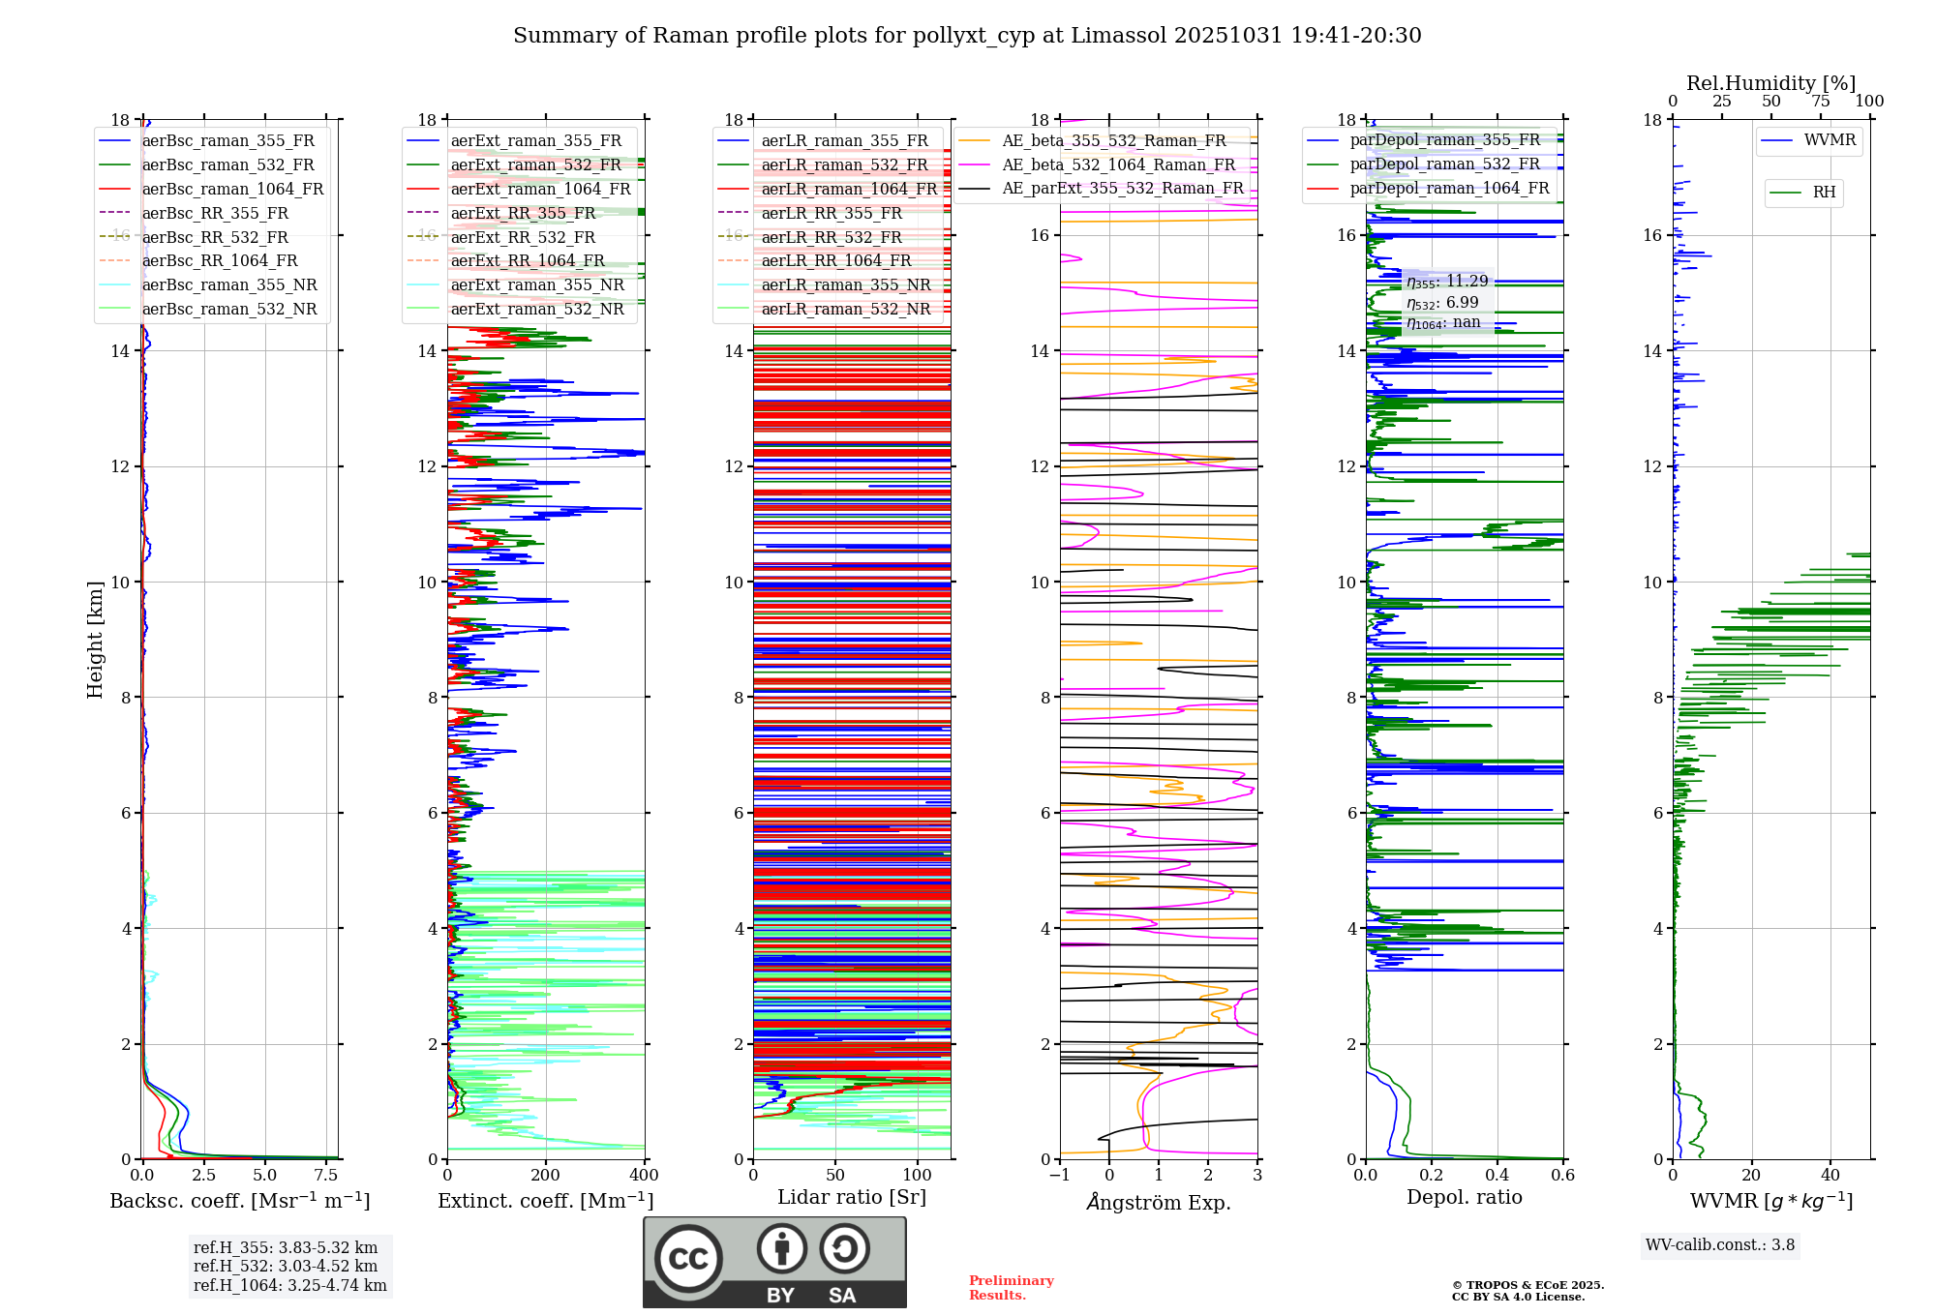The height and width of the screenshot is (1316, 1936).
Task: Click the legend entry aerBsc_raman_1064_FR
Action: pyautogui.click(x=232, y=190)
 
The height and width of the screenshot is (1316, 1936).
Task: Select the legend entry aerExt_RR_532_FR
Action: pyautogui.click(x=523, y=237)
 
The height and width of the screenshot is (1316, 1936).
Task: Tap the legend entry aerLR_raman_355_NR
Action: pyautogui.click(x=845, y=285)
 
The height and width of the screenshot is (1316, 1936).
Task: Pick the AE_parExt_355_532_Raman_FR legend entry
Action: pyautogui.click(x=1122, y=189)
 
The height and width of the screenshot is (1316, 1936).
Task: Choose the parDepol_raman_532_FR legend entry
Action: pyautogui.click(x=1444, y=164)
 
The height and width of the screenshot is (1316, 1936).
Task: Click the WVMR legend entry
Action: pyautogui.click(x=1830, y=140)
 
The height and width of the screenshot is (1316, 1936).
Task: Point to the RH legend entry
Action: pyautogui.click(x=1824, y=193)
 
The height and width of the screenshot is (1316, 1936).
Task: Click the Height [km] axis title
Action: pyautogui.click(x=95, y=640)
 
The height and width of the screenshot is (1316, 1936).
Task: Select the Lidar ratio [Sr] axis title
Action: pyautogui.click(x=852, y=1198)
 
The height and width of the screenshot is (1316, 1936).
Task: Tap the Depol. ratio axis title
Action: pyautogui.click(x=1464, y=1198)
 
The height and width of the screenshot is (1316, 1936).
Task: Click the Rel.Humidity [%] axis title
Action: pyautogui.click(x=1770, y=83)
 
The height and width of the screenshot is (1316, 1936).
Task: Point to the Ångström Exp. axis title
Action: pyautogui.click(x=1159, y=1203)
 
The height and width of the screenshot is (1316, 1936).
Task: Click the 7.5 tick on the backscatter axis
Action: pyautogui.click(x=326, y=1176)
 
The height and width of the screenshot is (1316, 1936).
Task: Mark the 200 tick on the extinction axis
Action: pyautogui.click(x=546, y=1176)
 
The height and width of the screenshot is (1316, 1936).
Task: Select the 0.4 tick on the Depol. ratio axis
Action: pyautogui.click(x=1497, y=1176)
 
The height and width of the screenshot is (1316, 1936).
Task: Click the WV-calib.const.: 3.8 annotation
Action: pyautogui.click(x=1720, y=1245)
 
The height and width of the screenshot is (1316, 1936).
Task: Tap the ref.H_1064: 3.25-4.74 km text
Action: pyautogui.click(x=289, y=1286)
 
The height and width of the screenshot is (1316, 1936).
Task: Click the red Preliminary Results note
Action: pyautogui.click(x=1011, y=1288)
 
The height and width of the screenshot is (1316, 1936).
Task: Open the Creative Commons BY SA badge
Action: pyautogui.click(x=774, y=1262)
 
